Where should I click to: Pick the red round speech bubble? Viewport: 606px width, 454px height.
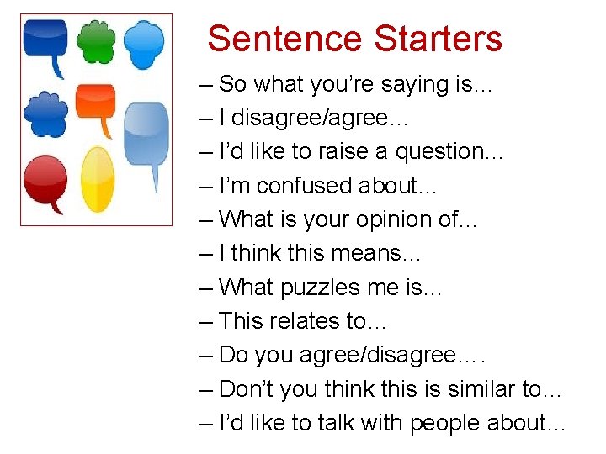45,181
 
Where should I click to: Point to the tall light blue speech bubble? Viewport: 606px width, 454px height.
146,135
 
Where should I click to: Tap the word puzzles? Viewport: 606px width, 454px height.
312,288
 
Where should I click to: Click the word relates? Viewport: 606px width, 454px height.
306,321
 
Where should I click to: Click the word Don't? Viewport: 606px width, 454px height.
247,389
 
